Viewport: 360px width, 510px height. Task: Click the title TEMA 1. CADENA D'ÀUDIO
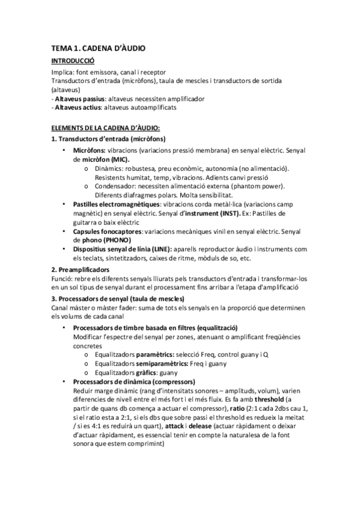[98, 48]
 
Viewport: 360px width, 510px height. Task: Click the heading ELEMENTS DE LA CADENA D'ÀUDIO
[105, 127]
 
